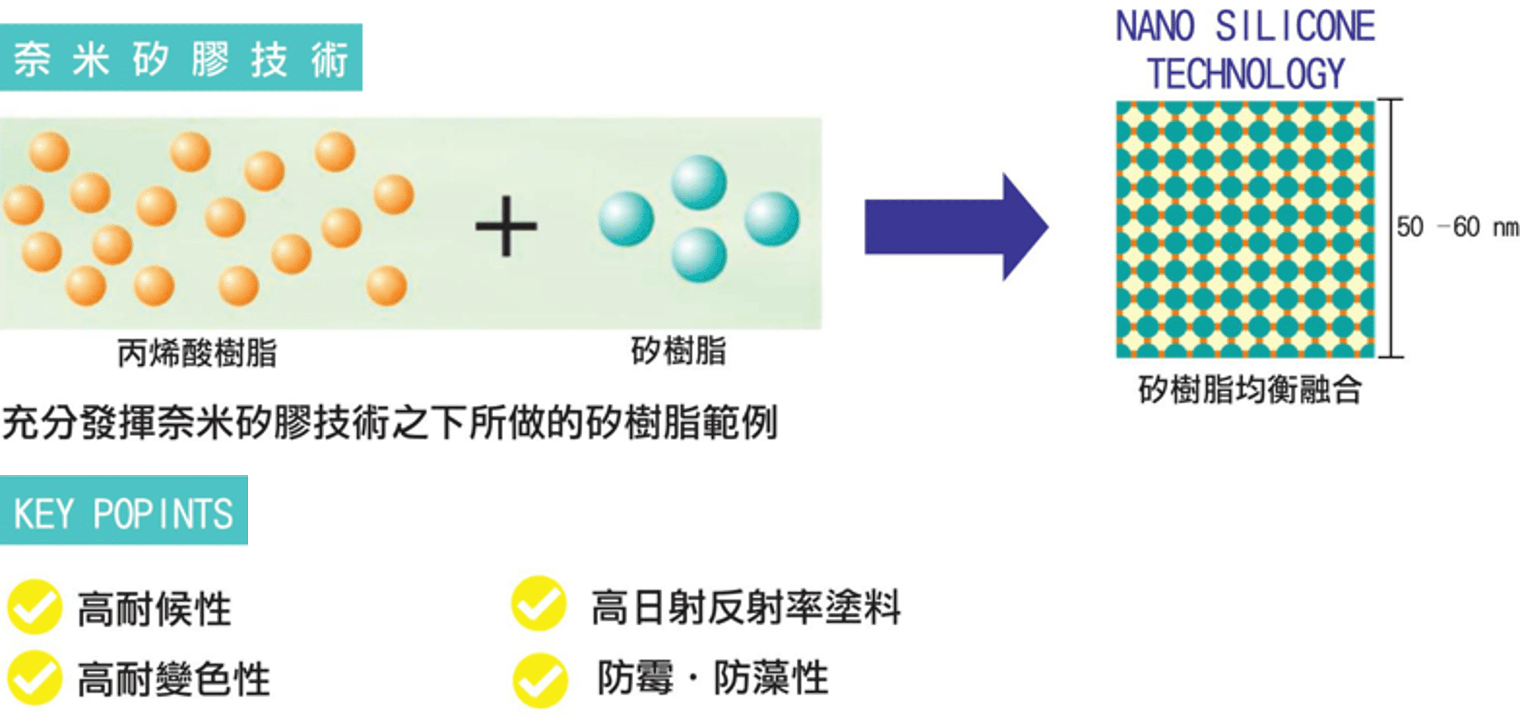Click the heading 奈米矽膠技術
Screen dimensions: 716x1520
(x=180, y=59)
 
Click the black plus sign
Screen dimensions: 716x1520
(x=506, y=226)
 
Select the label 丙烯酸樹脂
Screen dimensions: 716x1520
(x=197, y=353)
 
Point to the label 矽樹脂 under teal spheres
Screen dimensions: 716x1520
(x=678, y=351)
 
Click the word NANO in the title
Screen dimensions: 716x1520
(x=1155, y=28)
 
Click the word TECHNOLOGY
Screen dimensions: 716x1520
(x=1245, y=75)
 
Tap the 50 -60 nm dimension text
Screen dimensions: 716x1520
(x=1456, y=227)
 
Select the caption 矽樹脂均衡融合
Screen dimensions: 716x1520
(x=1249, y=390)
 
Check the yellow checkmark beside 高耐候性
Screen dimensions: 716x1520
(x=34, y=607)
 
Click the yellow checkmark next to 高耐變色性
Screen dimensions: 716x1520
(x=34, y=678)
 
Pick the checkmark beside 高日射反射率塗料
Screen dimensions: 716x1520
(x=538, y=603)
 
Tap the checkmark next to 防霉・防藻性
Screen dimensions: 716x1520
(x=540, y=680)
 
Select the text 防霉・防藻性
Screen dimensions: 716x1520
(x=713, y=678)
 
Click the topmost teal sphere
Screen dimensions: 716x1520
(x=699, y=181)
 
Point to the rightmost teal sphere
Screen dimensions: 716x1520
(x=771, y=218)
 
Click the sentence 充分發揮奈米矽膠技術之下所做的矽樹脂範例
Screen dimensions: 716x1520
(x=390, y=423)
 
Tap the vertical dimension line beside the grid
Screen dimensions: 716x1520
(x=1393, y=228)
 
